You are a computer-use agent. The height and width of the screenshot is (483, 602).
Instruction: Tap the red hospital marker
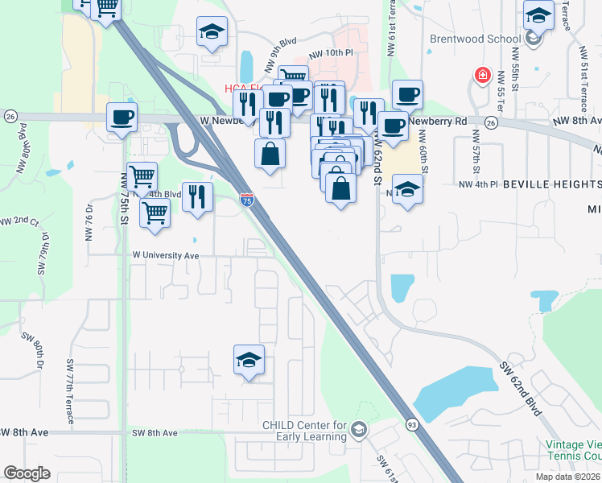[x=482, y=76]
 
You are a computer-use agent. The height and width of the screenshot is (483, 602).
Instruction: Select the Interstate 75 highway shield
[x=247, y=200]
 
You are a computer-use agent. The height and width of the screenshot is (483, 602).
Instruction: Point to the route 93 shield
[x=412, y=423]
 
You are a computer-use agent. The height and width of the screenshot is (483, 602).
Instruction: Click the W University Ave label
[x=165, y=255]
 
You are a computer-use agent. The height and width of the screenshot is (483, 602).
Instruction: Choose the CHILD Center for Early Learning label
[x=304, y=431]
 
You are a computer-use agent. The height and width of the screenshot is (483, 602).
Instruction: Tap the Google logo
[x=27, y=473]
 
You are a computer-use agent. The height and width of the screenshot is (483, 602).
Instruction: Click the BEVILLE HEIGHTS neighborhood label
[x=552, y=184]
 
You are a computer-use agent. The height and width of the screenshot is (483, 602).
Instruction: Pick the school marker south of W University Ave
[x=249, y=360]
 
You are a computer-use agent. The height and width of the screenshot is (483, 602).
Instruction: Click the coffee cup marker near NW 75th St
[x=122, y=118]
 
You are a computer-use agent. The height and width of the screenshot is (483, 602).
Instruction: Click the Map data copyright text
[x=567, y=477]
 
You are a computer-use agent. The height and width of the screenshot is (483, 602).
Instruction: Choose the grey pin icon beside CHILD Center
[x=358, y=431]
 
